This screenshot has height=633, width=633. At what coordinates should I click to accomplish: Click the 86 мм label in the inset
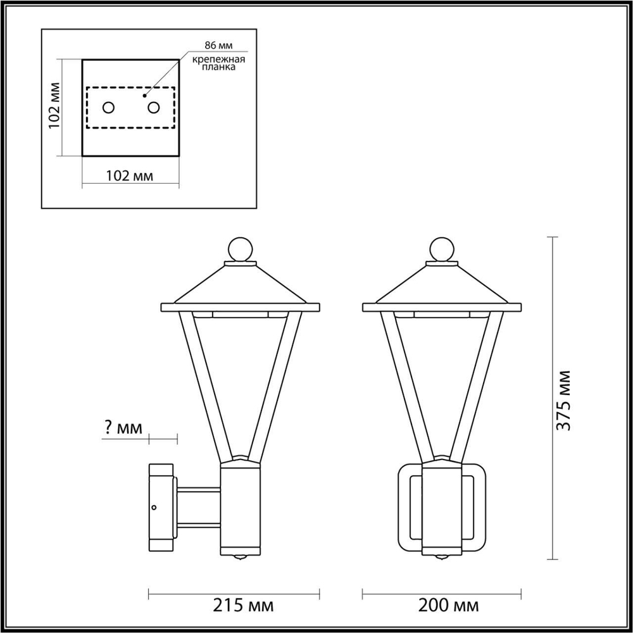pyautogui.click(x=217, y=46)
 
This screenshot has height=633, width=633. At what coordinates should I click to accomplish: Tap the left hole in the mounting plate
pyautogui.click(x=108, y=108)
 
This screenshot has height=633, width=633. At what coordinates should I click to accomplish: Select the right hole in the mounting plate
pyautogui.click(x=153, y=108)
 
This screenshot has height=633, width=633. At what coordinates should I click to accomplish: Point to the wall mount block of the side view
pyautogui.click(x=161, y=506)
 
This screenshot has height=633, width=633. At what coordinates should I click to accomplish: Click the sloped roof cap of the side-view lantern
pyautogui.click(x=240, y=285)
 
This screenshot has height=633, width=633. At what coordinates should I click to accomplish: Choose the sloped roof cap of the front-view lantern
pyautogui.click(x=442, y=285)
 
